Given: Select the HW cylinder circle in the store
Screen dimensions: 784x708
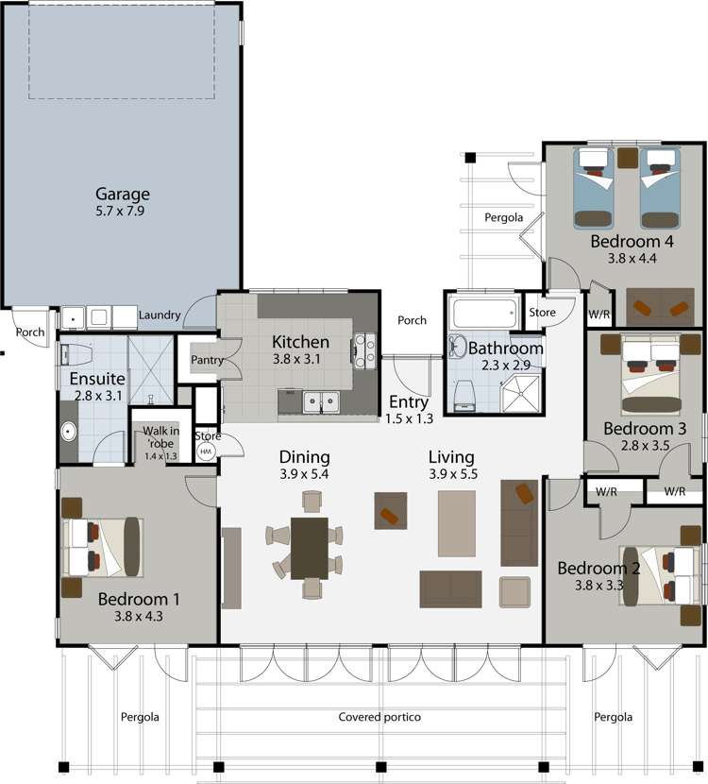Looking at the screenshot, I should (x=207, y=452).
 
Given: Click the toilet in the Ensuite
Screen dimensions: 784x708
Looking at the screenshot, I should (x=76, y=354).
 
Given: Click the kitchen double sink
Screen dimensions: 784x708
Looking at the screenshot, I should (x=319, y=402).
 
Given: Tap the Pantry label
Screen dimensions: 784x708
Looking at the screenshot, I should (x=206, y=360).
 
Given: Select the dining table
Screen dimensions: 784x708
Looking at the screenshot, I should (x=309, y=547).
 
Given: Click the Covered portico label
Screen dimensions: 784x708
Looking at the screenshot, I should (x=379, y=717).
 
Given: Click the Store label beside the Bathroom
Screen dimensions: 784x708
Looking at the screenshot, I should (x=542, y=312).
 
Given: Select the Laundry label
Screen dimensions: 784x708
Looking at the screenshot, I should (x=159, y=315).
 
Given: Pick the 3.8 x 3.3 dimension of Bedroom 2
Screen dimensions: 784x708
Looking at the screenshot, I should (x=598, y=585).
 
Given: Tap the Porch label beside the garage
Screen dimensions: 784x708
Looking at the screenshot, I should (x=30, y=332).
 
